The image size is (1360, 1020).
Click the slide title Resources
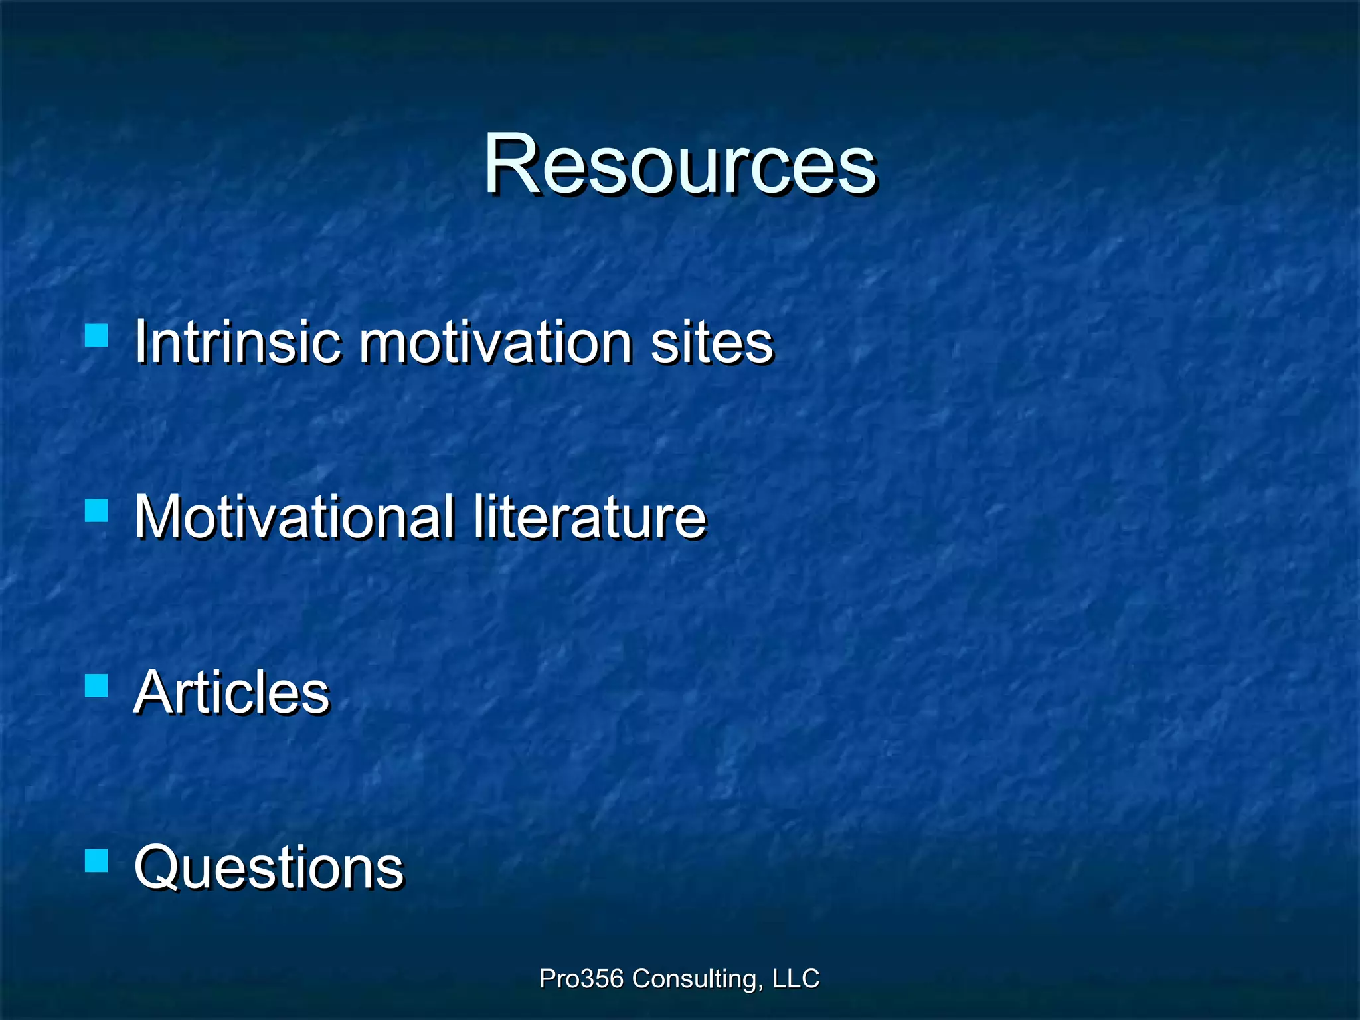[x=680, y=165]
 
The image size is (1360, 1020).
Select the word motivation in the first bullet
[x=495, y=342]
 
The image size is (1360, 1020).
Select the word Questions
[x=268, y=867]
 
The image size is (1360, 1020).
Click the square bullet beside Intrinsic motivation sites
[x=97, y=335]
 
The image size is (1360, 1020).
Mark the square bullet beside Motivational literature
[x=97, y=511]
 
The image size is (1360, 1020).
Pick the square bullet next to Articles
[x=97, y=685]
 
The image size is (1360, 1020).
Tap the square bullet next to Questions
[x=97, y=861]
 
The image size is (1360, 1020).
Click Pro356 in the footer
[x=581, y=979]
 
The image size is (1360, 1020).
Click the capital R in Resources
[x=510, y=165]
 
